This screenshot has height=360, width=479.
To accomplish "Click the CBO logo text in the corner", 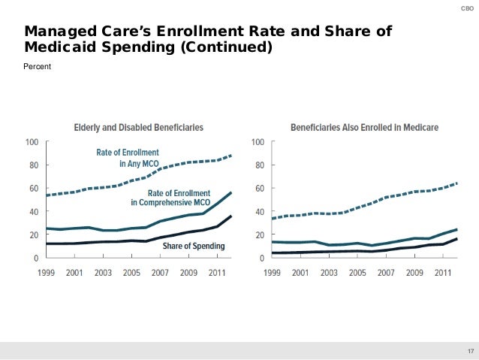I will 466,9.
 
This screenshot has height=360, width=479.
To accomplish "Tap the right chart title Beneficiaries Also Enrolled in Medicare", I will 365,127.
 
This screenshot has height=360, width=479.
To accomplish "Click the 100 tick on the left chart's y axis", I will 32,141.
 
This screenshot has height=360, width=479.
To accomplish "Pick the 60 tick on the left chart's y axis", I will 35,188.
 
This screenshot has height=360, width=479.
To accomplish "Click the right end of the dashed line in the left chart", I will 230,155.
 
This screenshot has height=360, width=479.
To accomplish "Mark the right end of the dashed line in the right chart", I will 457,183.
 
